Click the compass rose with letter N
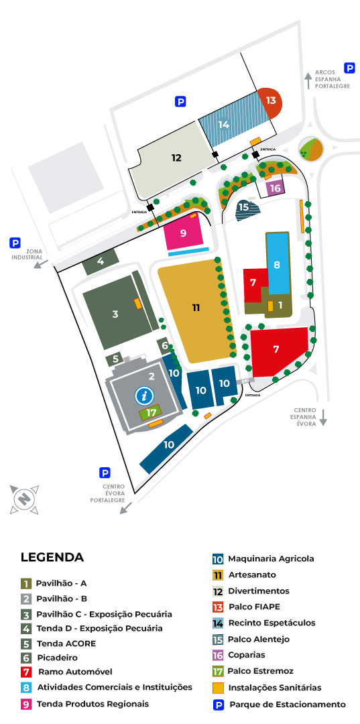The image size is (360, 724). coord(24,499)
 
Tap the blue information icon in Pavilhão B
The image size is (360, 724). coord(144,396)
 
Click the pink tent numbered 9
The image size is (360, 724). coord(184,232)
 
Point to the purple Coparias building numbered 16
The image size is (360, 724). coord(275,188)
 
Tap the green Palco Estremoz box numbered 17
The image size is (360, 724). coord(151,412)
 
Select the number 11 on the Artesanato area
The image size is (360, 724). coord(196,307)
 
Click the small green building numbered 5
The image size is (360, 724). coord(115,359)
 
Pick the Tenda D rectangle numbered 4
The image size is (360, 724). coord(101,261)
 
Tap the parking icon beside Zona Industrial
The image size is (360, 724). coord(15,243)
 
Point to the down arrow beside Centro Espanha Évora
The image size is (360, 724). coord(323,417)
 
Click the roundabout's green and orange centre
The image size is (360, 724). coord(310,149)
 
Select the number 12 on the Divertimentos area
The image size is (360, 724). coord(176,158)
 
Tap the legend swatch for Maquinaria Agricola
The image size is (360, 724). coord(218,558)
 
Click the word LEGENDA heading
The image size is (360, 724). coord(52,557)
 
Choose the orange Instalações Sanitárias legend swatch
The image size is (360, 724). coord(218,688)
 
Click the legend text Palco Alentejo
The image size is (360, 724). coord(259,640)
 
